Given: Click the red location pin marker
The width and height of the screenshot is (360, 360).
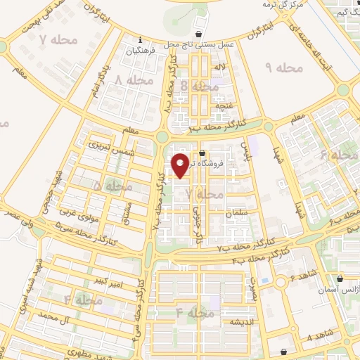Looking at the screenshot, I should [x=181, y=165].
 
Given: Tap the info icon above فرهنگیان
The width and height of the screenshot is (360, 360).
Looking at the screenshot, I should [x=141, y=39].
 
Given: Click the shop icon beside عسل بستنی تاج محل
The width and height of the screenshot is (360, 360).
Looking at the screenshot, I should [x=200, y=34].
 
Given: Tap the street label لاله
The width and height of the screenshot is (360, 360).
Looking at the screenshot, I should [x=220, y=67].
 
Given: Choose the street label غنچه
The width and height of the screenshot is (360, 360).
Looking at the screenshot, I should [x=219, y=106].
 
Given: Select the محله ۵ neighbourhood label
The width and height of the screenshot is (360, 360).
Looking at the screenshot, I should [x=113, y=186].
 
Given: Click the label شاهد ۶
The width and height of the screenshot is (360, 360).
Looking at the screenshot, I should [x=303, y=275].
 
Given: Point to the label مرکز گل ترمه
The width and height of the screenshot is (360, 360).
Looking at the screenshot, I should [x=283, y=5].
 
